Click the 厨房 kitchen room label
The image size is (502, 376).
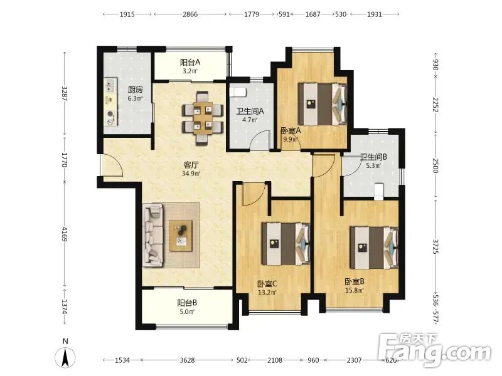[135, 90]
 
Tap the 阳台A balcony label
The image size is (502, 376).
[190, 62]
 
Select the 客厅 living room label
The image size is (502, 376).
[191, 165]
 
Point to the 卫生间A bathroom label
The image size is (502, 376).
[250, 112]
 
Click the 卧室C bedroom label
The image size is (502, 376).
[267, 284]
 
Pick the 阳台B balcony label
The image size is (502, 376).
[187, 303]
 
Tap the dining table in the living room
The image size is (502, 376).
[202, 118]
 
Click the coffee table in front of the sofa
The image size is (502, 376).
[181, 236]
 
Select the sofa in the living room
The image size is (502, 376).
[153, 236]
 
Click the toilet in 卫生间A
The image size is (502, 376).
[238, 92]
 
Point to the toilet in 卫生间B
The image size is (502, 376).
[379, 191]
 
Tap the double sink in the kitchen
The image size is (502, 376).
[110, 86]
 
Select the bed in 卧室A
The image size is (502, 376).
[323, 104]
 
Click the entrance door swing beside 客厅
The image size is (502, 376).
[112, 165]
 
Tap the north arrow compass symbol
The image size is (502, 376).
[65, 355]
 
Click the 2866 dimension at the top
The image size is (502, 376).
[190, 14]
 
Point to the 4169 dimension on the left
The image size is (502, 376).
[65, 234]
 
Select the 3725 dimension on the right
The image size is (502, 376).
[435, 246]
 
